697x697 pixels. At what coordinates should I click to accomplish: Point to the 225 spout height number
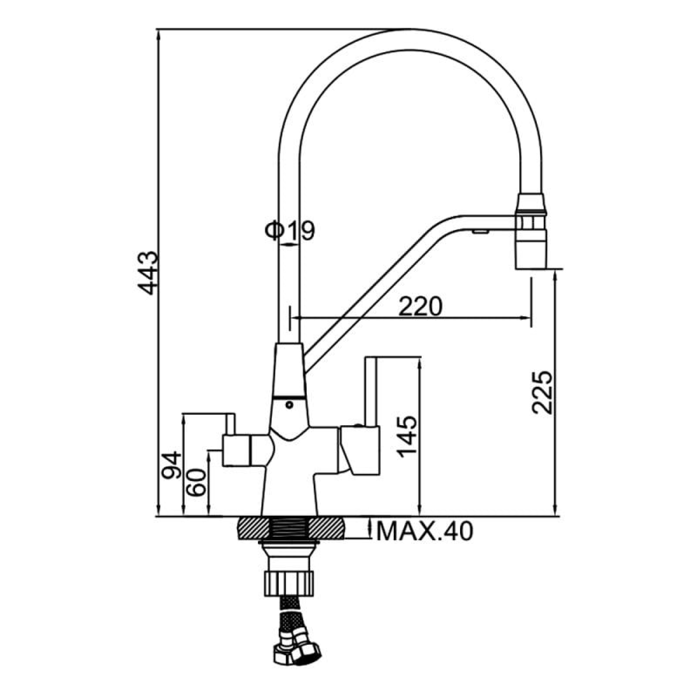click(x=542, y=392)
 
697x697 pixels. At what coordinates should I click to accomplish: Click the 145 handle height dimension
click(x=407, y=437)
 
